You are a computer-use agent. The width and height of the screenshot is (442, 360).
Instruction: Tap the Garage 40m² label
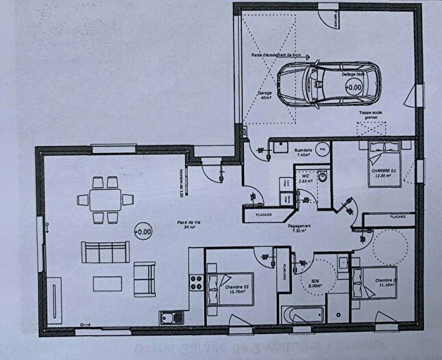pyautogui.click(x=266, y=95)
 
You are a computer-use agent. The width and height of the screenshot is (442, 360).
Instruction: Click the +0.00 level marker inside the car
pyautogui.click(x=354, y=87)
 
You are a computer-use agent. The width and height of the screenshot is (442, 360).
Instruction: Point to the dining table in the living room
pyautogui.click(x=106, y=200)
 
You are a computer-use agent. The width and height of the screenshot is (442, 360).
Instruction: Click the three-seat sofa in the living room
pyautogui.click(x=106, y=252)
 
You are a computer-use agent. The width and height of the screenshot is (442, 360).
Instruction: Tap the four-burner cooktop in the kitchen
pyautogui.click(x=195, y=283)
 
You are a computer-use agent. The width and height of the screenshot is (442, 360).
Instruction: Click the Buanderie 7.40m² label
pyautogui.click(x=304, y=153)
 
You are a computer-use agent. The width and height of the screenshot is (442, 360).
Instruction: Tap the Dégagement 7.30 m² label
pyautogui.click(x=300, y=228)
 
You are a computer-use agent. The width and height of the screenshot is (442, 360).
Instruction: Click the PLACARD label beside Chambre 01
pyautogui.click(x=397, y=216)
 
